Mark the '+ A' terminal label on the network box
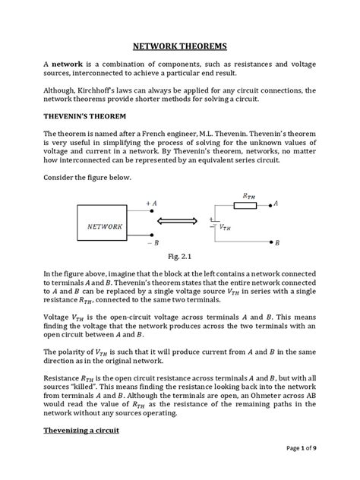tap(151, 204)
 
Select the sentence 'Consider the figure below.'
tap(87, 176)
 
